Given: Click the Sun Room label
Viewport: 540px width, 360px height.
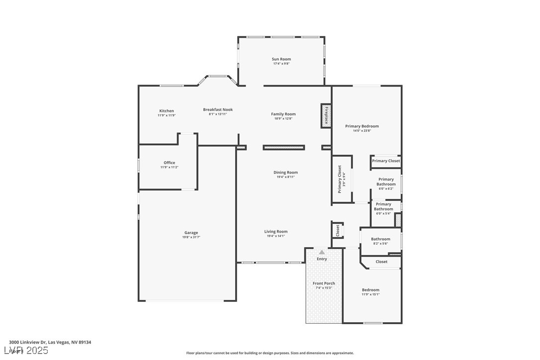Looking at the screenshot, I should (x=281, y=59).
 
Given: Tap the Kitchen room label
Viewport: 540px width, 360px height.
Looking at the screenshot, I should (x=167, y=111).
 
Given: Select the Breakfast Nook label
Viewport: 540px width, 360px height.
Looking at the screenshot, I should (x=218, y=110).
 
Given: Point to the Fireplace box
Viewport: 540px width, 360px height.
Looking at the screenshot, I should (x=326, y=115).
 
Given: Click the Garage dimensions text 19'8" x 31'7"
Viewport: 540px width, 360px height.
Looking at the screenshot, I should (x=191, y=237).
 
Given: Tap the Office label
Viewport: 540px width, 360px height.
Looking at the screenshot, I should (x=169, y=163).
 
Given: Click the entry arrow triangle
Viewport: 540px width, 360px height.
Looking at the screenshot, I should (x=322, y=252).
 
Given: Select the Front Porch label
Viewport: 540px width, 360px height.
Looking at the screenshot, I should (x=324, y=283).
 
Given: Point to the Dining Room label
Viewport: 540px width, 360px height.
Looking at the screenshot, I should (x=285, y=173).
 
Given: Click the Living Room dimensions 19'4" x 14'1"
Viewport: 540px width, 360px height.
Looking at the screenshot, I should (x=275, y=236).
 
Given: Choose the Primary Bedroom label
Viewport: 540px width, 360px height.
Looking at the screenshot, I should (x=362, y=126).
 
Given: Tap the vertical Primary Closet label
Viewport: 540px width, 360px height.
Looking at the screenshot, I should (x=340, y=179).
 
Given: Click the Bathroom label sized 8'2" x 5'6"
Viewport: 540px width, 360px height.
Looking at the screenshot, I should (x=380, y=239).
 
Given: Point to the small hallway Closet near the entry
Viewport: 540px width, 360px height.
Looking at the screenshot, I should (x=338, y=230).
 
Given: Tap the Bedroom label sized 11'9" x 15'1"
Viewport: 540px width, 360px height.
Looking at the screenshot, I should (x=370, y=290).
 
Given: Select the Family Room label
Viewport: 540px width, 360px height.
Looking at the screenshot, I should (x=283, y=114).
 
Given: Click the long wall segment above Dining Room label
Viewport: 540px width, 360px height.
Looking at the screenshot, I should (x=283, y=147).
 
